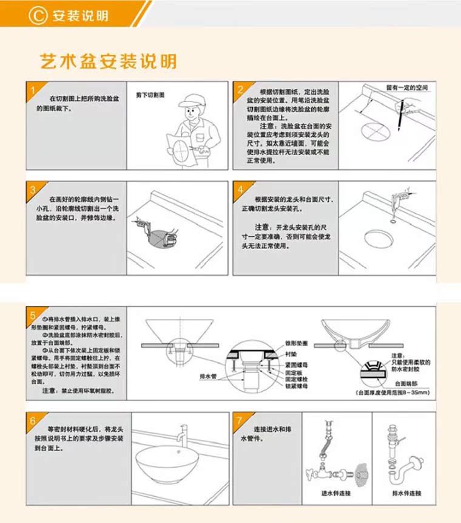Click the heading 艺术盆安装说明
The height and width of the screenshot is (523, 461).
pyautogui.click(x=109, y=61)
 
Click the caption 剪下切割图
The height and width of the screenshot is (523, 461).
pyautogui.click(x=150, y=95)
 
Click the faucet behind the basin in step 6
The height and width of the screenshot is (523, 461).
pyautogui.click(x=180, y=436)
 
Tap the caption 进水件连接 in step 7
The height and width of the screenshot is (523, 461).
pyautogui.click(x=336, y=494)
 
